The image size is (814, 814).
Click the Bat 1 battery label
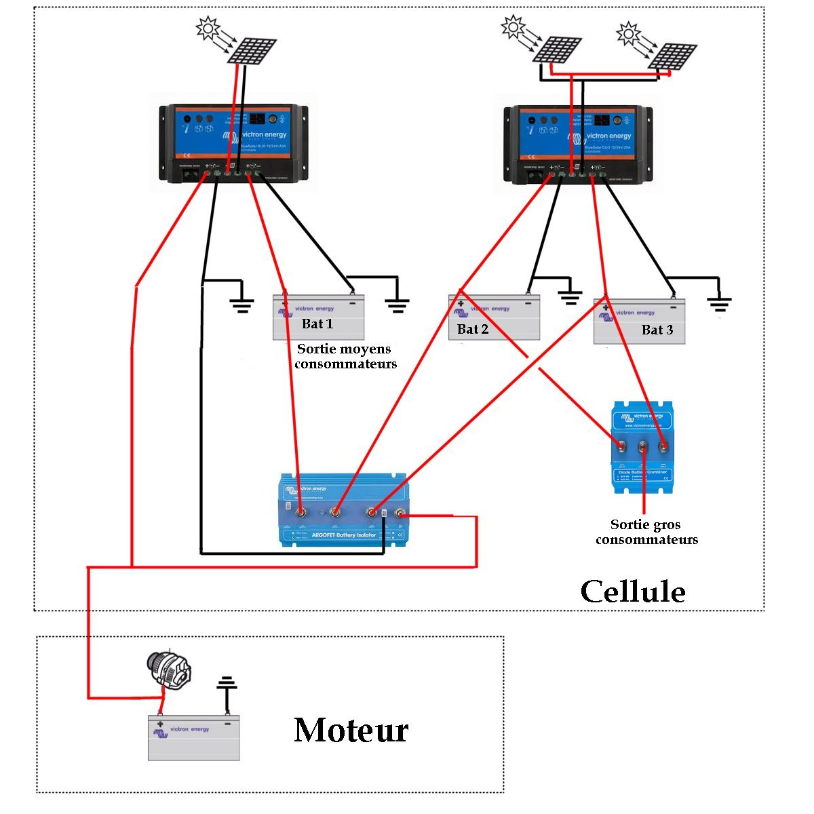click(x=317, y=324)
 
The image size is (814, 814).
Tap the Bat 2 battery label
click(x=473, y=329)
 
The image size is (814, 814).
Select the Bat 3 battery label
click(x=657, y=330)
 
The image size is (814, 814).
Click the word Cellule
click(x=632, y=592)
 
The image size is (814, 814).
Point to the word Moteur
click(x=351, y=731)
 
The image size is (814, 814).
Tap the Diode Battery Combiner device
click(x=642, y=447)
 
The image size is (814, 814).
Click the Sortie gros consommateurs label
click(x=646, y=532)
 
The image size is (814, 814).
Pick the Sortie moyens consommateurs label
click(x=345, y=356)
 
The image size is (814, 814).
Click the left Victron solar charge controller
click(x=234, y=142)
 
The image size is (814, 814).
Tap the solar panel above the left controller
click(x=252, y=52)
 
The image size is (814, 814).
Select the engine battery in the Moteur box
click(x=193, y=738)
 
